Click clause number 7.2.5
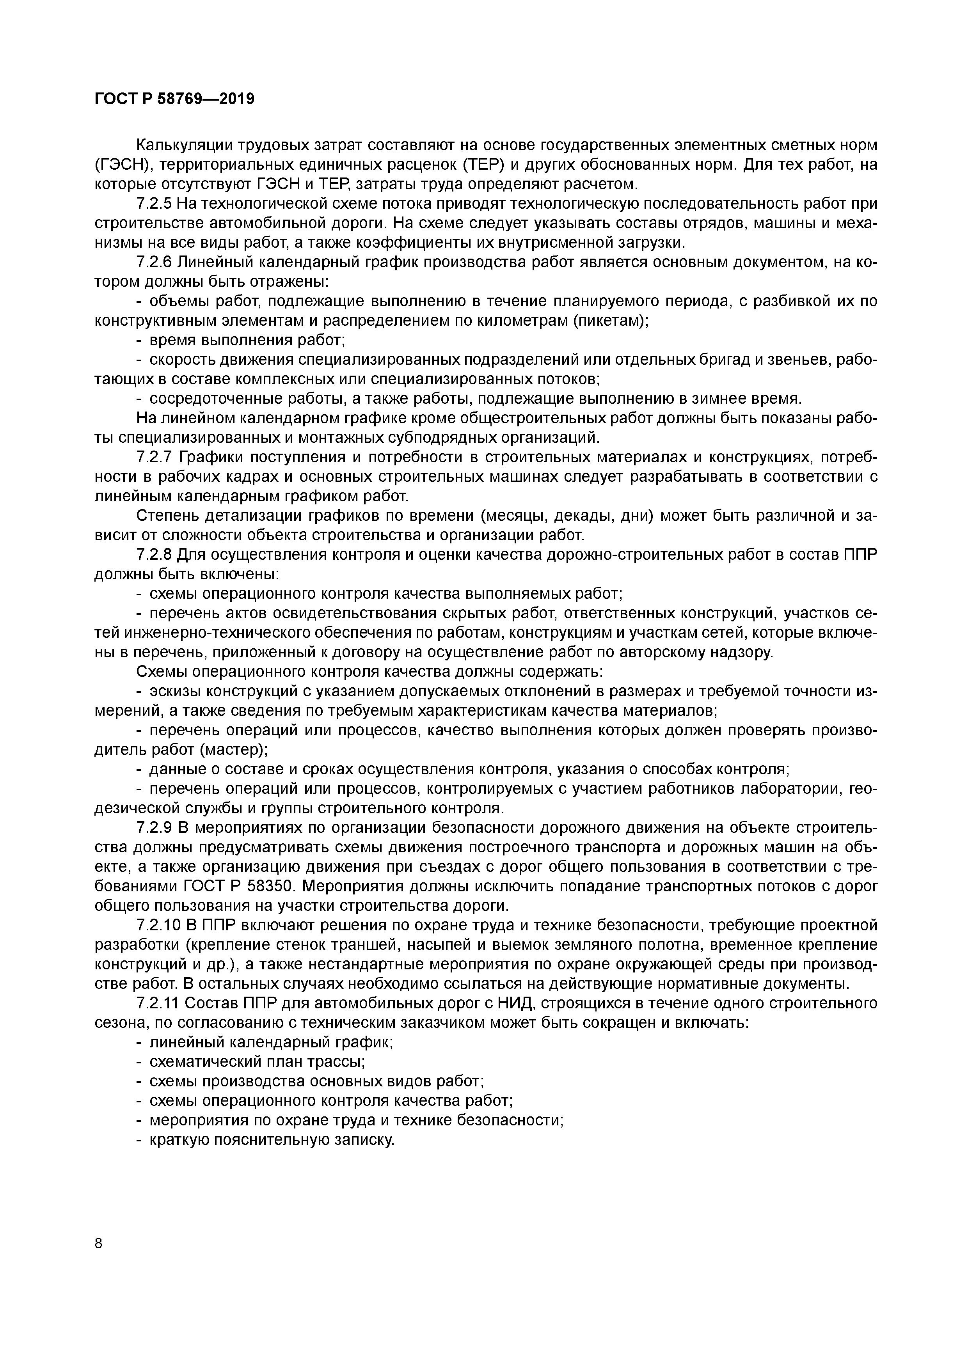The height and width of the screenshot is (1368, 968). point(154,204)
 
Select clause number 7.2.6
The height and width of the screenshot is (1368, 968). point(154,262)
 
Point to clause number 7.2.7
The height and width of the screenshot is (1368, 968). point(154,457)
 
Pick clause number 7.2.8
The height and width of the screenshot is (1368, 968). point(154,555)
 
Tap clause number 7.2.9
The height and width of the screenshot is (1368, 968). point(154,828)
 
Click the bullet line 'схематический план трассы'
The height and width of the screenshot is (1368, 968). point(256,1062)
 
